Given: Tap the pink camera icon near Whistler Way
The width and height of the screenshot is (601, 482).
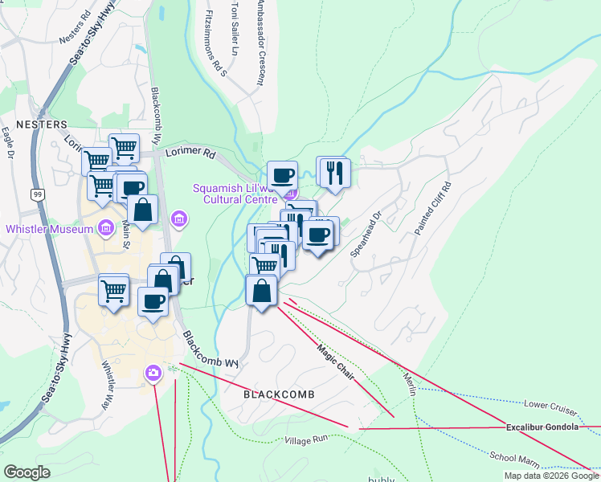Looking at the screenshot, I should pyautogui.click(x=153, y=373).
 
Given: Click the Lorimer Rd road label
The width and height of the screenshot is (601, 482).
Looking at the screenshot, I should pyautogui.click(x=190, y=152).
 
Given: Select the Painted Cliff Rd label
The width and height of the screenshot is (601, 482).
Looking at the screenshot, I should pyautogui.click(x=433, y=208).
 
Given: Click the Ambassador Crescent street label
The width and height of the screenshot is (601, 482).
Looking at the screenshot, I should pyautogui.click(x=259, y=43).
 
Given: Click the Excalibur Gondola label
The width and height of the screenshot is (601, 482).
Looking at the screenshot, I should pyautogui.click(x=542, y=427).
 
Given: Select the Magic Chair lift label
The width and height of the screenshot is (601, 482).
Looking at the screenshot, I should pyautogui.click(x=336, y=353).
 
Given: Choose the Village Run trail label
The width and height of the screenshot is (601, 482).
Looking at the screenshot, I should pyautogui.click(x=307, y=440).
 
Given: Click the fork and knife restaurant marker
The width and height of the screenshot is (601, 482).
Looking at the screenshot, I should pyautogui.click(x=332, y=171).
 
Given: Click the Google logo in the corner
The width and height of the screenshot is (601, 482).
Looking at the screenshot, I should pyautogui.click(x=27, y=472).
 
